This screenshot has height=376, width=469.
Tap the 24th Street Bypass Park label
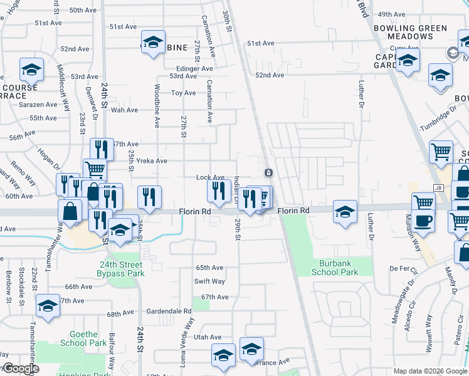pos(121,269)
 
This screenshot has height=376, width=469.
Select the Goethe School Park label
pos(83,339)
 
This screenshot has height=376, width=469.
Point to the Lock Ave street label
pos(210,178)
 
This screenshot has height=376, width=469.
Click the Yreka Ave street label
pos(152,161)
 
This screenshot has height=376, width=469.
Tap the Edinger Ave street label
pos(194,69)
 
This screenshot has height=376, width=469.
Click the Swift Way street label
pos(209,282)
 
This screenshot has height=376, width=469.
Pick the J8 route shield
pos(438,188)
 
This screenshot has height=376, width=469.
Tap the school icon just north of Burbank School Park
pos(345,211)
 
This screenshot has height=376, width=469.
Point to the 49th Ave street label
pos(393,14)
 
